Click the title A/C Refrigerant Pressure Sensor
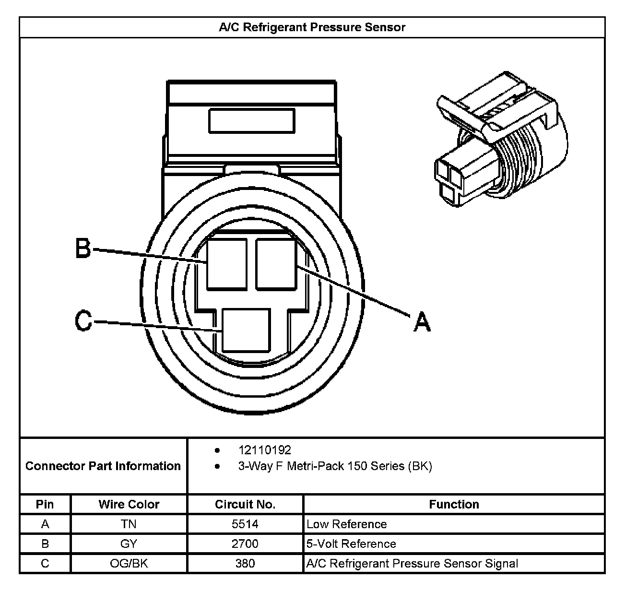point(312,27)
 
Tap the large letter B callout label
point(83,249)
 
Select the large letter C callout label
point(83,320)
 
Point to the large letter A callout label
point(422,321)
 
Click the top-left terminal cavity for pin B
point(227,263)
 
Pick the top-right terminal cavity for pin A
point(276,263)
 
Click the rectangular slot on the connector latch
point(251,121)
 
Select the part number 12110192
point(264,450)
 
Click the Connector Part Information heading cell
point(103,466)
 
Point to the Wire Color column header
point(129,504)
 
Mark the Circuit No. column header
point(245,504)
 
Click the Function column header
point(454,504)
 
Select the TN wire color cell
point(129,524)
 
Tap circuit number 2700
point(245,544)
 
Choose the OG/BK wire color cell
point(129,563)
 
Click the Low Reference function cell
point(346,524)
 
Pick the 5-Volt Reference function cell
point(351,544)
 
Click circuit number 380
point(245,563)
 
